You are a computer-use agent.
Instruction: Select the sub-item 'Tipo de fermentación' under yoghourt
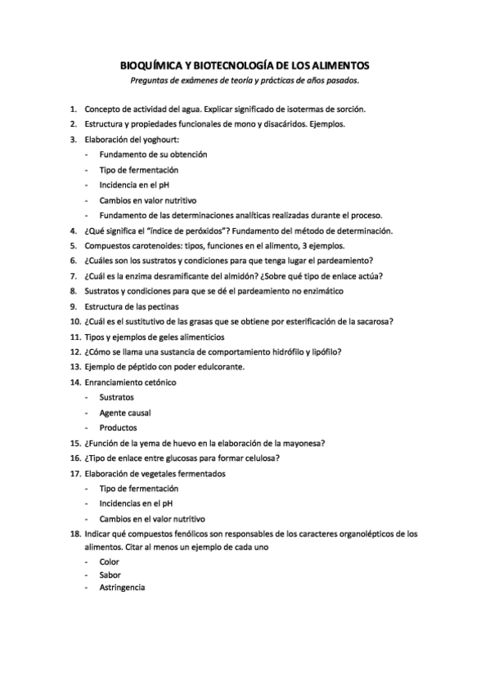[138, 170]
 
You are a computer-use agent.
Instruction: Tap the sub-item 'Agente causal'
[125, 413]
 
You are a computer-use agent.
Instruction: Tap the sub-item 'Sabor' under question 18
[110, 575]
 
